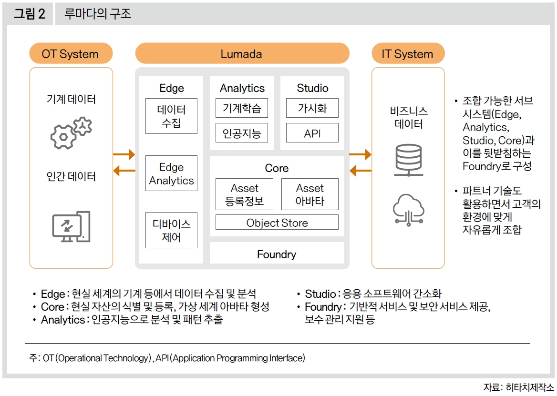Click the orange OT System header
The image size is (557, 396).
pos(71,54)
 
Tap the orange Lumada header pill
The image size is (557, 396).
pos(242,54)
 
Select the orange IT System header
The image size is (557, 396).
pos(407,54)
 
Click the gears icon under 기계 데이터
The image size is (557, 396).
pos(71,132)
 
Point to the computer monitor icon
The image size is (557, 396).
pos(71,226)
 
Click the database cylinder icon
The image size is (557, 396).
pos(407,159)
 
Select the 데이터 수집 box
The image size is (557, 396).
pos(171,116)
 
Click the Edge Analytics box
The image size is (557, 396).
pos(171,173)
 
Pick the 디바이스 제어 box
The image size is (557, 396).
pos(171,230)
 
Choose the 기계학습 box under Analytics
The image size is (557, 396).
pos(242,108)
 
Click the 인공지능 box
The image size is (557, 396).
pos(242,133)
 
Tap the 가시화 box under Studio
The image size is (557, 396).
pos(312,108)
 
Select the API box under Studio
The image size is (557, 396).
pos(312,133)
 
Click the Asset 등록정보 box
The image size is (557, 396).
pos(244,194)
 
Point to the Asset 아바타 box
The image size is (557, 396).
pos(310,194)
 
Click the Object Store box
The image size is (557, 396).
pos(277,223)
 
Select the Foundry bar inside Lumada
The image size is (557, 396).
pos(277,254)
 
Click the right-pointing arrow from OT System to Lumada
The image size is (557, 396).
pos(124,154)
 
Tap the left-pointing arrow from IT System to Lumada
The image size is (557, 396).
pos(360,170)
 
